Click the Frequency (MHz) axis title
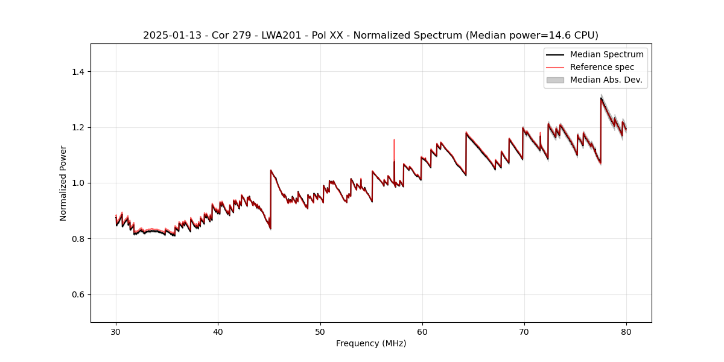coord(371,343)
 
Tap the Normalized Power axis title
coord(63,183)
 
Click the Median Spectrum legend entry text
coord(606,55)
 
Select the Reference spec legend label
coord(602,67)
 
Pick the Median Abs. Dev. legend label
coord(606,80)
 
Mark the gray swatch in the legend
coord(555,80)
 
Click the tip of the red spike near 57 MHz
coord(394,140)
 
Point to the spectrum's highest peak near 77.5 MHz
coord(601,98)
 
